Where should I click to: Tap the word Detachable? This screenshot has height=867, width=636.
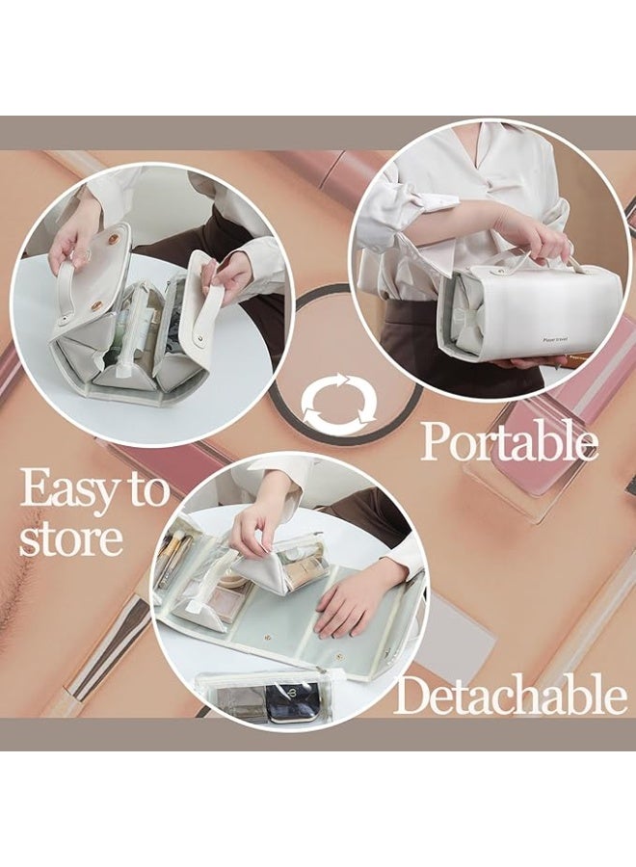(510, 696)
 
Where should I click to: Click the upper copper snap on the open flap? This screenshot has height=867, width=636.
(114, 238)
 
